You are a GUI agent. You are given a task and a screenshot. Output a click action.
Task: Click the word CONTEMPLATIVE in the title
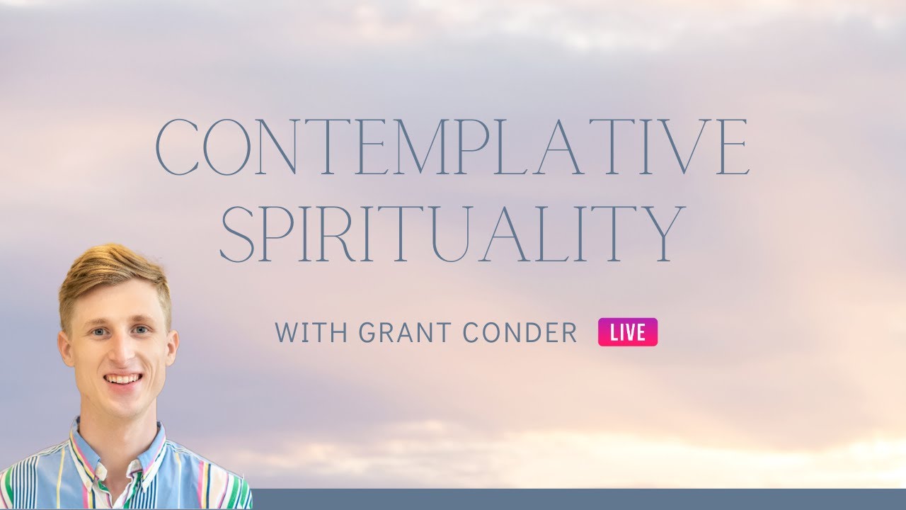(452, 147)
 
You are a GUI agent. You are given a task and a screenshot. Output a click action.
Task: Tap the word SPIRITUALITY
(452, 234)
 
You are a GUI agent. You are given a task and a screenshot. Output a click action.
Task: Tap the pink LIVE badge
(628, 332)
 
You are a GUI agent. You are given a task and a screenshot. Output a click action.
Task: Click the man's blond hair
(113, 273)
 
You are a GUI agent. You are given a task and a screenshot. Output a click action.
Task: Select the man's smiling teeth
(122, 379)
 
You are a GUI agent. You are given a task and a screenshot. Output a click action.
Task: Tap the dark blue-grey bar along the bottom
(566, 499)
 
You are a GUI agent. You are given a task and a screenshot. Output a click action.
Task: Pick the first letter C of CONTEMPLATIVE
(178, 147)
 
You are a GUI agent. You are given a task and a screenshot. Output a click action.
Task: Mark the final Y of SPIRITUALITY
(662, 234)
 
